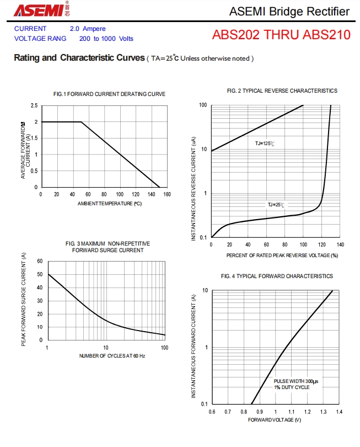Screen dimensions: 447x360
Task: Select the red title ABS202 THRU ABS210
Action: tap(281, 35)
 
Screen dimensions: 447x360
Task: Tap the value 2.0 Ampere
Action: tap(88, 29)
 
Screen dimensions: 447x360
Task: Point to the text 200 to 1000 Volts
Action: tap(106, 39)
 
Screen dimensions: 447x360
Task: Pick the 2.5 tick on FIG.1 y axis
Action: tap(34, 105)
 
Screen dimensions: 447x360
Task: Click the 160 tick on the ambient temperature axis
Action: tap(167, 194)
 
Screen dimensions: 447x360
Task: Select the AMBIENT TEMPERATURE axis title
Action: tap(110, 204)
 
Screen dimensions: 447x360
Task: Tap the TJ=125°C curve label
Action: tap(265, 143)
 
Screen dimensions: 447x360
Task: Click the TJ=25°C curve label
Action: tap(277, 205)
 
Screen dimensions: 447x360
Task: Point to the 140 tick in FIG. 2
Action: tap(340, 244)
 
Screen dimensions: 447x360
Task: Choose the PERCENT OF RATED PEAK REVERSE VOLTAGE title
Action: tap(282, 256)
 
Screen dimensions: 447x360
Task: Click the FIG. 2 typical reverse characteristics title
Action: tap(282, 91)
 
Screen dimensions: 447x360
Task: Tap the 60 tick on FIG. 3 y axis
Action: tap(40, 261)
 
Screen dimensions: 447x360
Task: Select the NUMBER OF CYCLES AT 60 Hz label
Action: tap(112, 356)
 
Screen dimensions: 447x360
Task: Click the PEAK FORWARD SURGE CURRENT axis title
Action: tap(24, 300)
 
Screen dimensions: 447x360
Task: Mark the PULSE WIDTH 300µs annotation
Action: tap(296, 381)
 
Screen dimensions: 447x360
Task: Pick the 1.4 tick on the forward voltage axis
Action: tap(338, 412)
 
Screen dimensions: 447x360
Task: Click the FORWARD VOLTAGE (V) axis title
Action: tap(275, 421)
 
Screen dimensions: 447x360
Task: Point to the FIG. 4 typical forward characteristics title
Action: tap(277, 276)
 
